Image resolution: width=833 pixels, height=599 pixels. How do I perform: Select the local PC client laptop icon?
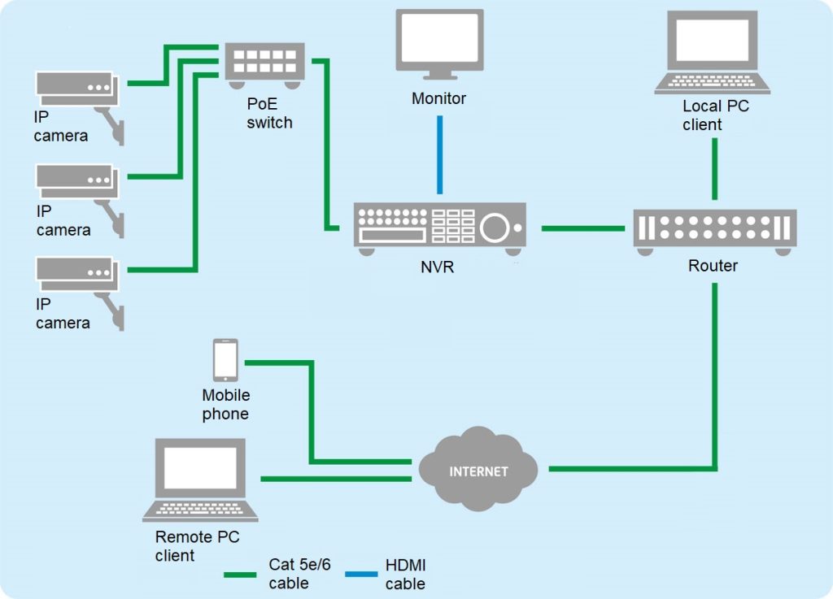point(713,52)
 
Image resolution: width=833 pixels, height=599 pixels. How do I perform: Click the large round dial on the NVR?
point(495,228)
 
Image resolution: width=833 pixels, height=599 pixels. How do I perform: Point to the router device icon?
point(714,229)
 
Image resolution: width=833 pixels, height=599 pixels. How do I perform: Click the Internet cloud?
point(478,470)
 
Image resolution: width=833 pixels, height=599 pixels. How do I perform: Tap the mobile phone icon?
point(225,360)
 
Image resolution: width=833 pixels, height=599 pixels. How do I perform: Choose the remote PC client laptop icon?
point(200,480)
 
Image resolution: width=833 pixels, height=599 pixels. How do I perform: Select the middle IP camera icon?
point(77,184)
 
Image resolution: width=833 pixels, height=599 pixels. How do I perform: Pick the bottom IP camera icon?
point(77,277)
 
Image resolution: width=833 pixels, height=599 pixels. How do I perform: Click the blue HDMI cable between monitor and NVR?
point(440,154)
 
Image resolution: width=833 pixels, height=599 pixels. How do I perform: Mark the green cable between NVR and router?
point(582,228)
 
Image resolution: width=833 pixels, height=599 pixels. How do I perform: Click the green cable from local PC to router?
point(714,168)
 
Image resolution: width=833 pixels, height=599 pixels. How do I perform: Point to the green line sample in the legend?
point(242,575)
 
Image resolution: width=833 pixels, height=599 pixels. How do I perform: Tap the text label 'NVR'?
point(438,266)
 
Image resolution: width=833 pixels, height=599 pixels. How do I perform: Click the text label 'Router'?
point(713,266)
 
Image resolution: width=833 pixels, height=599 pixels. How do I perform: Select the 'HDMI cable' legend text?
point(405,575)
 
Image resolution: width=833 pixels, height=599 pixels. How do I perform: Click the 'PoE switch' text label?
point(269,114)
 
